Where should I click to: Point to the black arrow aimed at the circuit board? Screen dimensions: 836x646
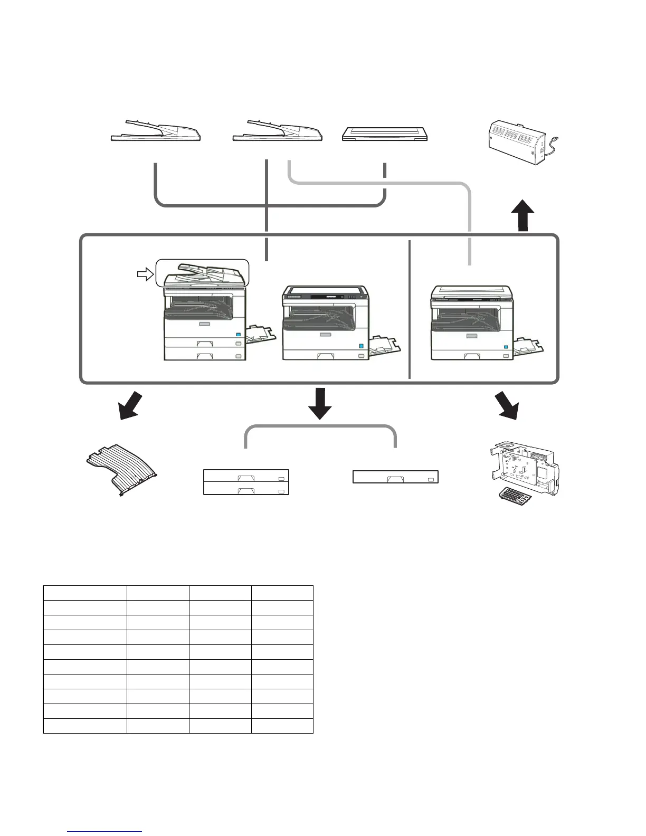pos(507,405)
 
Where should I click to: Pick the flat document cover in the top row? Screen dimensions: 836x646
pos(385,134)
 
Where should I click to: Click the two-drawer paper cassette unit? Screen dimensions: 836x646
pos(246,482)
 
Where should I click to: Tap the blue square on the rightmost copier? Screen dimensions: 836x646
pos(506,347)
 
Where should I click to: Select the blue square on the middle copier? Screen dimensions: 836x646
pos(361,346)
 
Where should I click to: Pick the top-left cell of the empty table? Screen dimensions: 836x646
pos(84,593)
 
